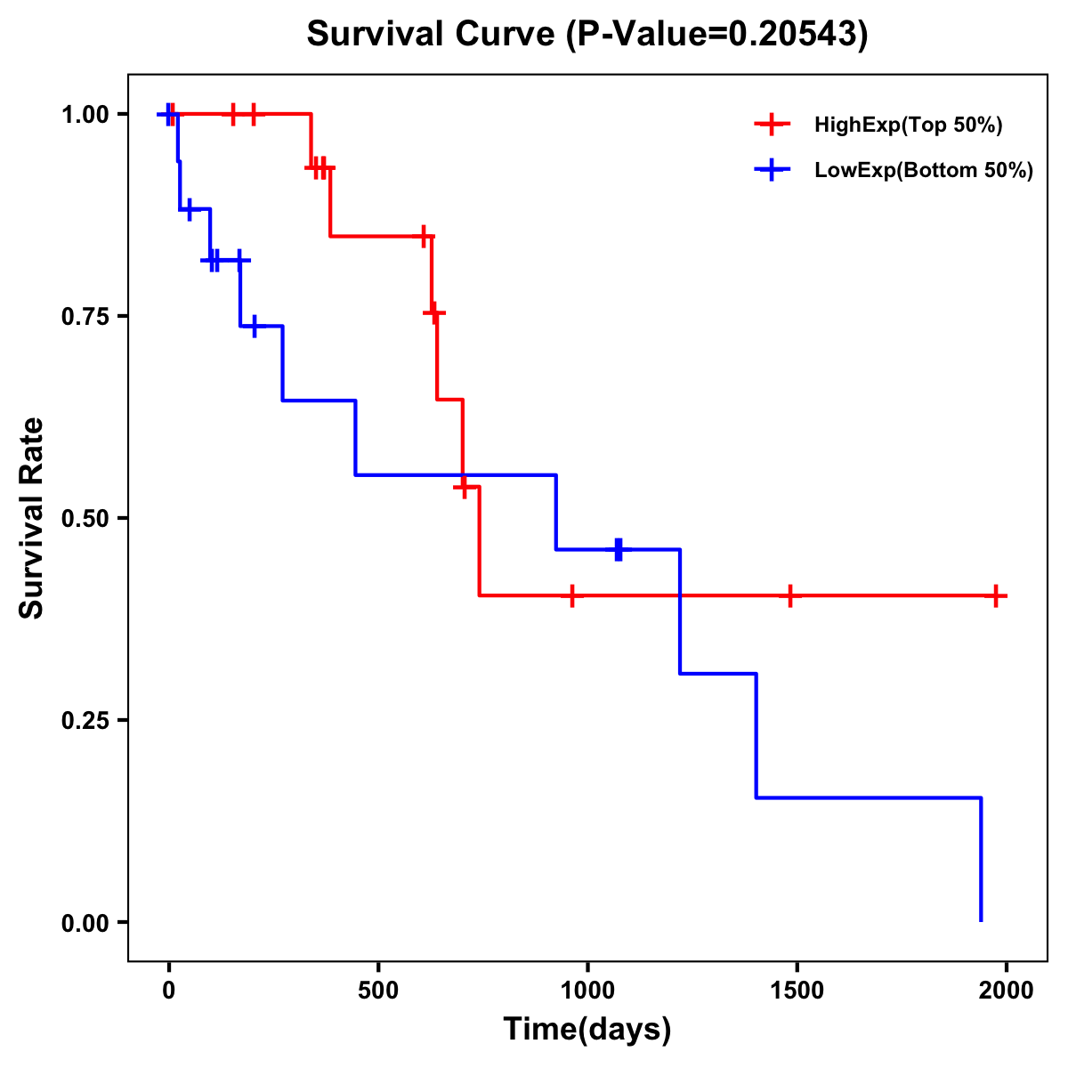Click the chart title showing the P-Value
tap(587, 34)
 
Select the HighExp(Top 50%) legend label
tap(908, 125)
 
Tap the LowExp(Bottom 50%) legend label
tap(924, 171)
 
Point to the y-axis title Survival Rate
tap(32, 518)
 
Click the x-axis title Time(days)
tap(587, 1029)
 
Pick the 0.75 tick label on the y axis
tap(84, 316)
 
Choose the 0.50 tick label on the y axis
tap(84, 518)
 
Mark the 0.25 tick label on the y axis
tap(84, 720)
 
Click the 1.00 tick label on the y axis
tap(84, 114)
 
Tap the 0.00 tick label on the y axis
tap(84, 922)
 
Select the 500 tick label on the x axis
tap(378, 991)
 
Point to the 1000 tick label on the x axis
tap(587, 991)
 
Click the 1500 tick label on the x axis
tap(797, 991)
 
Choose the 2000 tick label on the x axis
tap(1007, 991)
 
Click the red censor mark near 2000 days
tap(996, 595)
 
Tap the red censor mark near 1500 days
tap(789, 595)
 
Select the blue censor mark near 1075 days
tap(619, 549)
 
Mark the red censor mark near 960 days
tap(571, 595)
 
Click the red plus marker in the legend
tap(772, 125)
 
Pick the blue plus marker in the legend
tap(772, 170)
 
